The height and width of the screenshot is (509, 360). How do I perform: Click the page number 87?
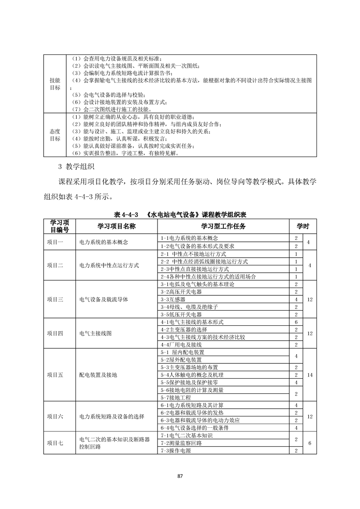pyautogui.click(x=180, y=475)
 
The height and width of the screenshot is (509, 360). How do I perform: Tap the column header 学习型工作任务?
pyautogui.click(x=224, y=226)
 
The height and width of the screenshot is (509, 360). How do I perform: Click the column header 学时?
pyautogui.click(x=303, y=226)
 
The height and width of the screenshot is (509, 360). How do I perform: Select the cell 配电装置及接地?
pyautogui.click(x=98, y=375)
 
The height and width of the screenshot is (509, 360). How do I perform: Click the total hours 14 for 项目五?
pyautogui.click(x=310, y=375)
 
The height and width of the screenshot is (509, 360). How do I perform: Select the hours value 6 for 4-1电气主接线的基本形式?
pyautogui.click(x=296, y=322)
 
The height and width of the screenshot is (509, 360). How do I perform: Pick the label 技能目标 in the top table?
pyautogui.click(x=55, y=83)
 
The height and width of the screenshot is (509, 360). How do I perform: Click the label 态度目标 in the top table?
pyautogui.click(x=55, y=135)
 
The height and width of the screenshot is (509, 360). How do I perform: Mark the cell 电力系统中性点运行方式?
pyautogui.click(x=109, y=265)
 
